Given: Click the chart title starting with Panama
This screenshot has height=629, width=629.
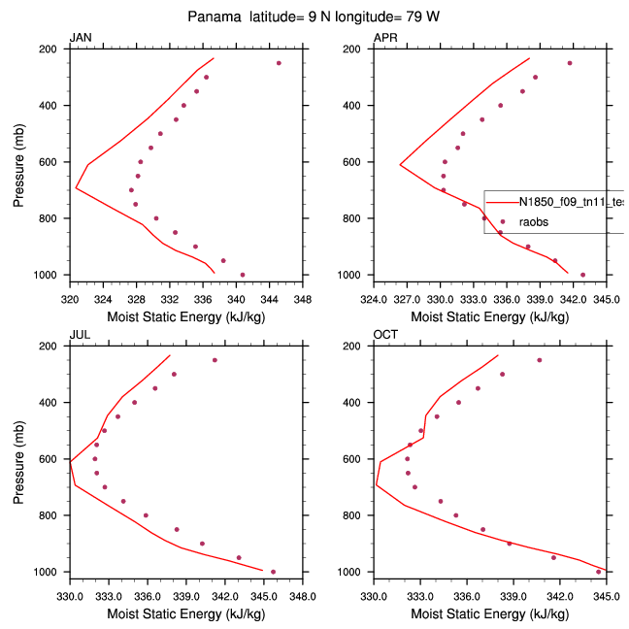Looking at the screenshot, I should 314,17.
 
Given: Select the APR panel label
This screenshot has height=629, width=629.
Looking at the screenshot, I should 384,38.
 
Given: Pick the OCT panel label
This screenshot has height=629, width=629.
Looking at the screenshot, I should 384,335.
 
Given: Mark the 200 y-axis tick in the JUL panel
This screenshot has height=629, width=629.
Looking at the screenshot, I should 54,347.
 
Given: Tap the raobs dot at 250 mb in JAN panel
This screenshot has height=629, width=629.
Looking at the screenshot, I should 279,63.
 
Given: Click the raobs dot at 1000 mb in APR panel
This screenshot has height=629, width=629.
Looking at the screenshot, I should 582,275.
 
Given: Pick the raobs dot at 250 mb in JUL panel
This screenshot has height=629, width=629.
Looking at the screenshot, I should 215,360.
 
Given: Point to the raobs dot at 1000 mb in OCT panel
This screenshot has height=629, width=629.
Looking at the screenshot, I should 598,572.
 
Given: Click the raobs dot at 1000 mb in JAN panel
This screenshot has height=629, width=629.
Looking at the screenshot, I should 243,275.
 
